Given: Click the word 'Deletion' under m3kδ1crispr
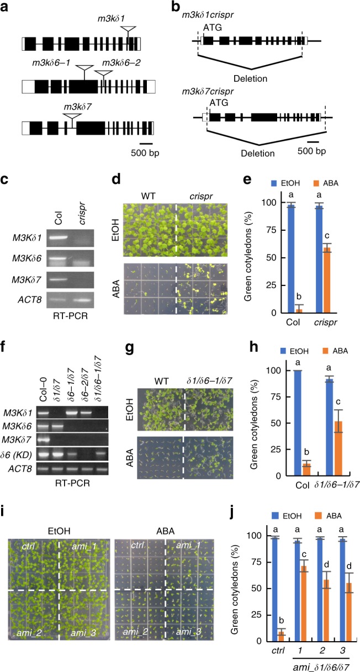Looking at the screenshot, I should (250, 78).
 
